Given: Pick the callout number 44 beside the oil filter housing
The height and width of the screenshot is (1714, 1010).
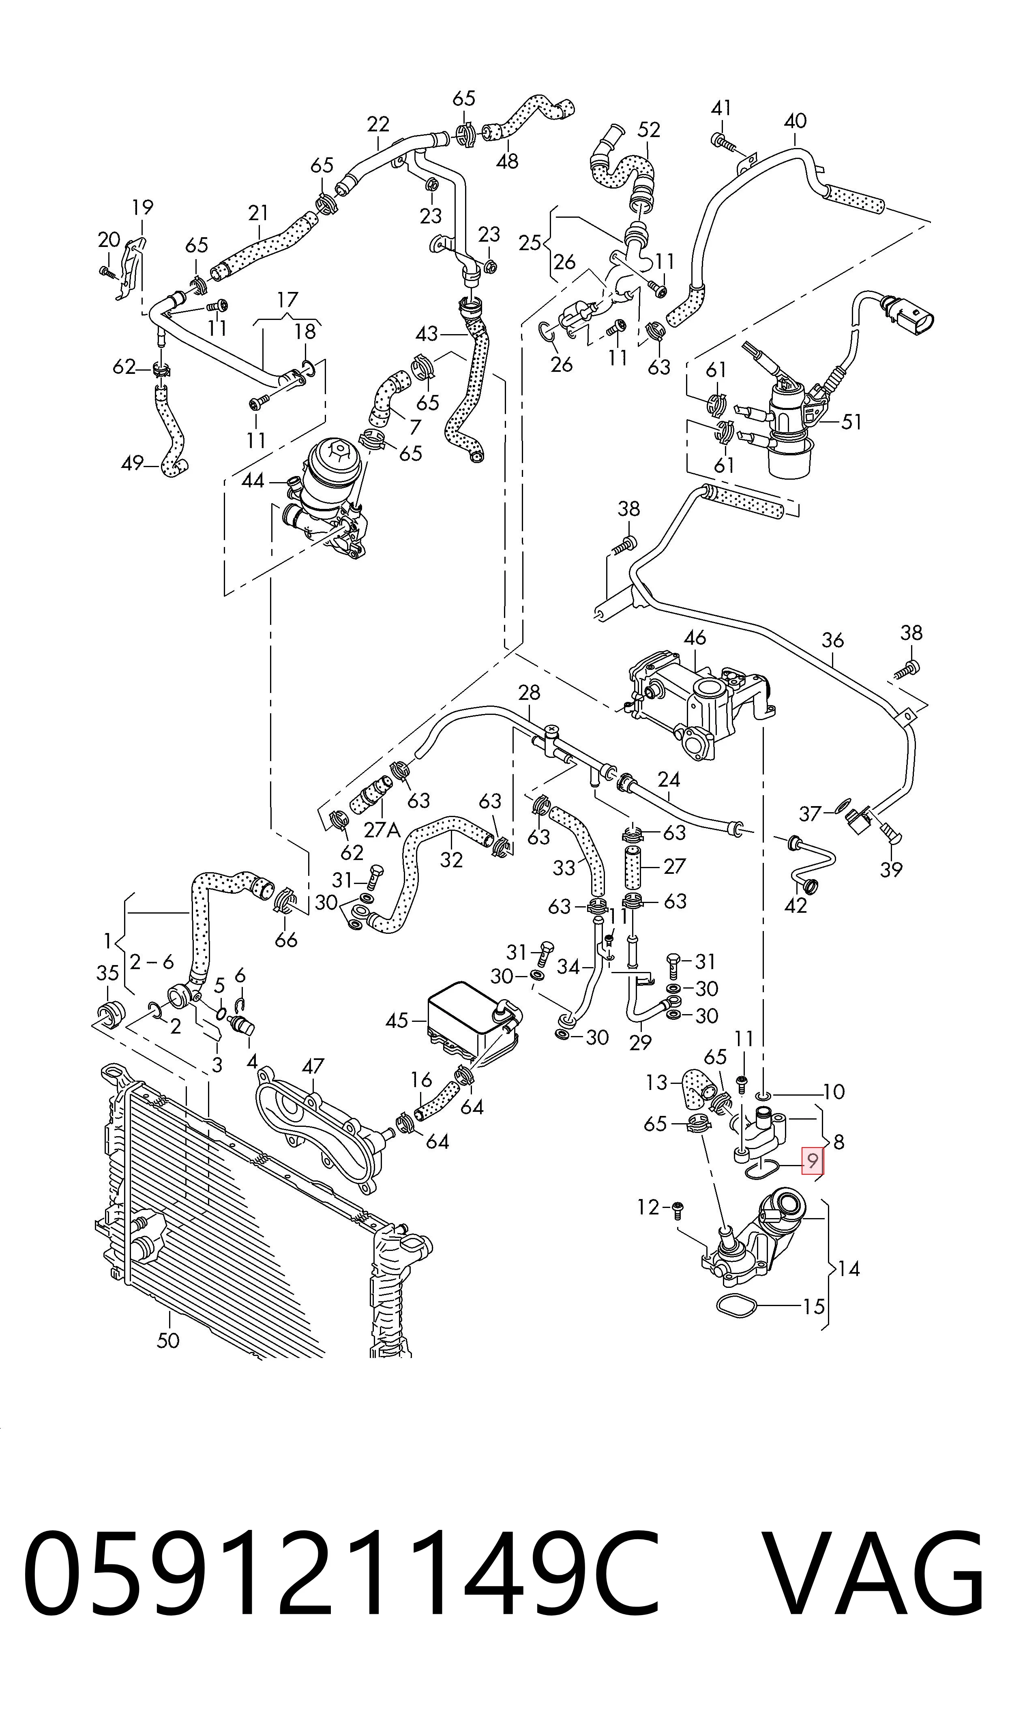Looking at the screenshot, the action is tap(253, 481).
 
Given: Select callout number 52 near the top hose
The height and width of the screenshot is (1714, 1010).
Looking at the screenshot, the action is tap(649, 129).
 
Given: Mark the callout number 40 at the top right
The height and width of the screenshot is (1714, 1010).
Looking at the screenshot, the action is tap(795, 121).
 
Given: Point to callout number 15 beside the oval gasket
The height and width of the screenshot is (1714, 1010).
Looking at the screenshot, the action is tap(814, 1306).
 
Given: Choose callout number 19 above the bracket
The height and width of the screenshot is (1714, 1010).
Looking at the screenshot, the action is tap(142, 207).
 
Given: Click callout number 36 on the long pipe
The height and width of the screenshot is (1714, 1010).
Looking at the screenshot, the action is tap(832, 640).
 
